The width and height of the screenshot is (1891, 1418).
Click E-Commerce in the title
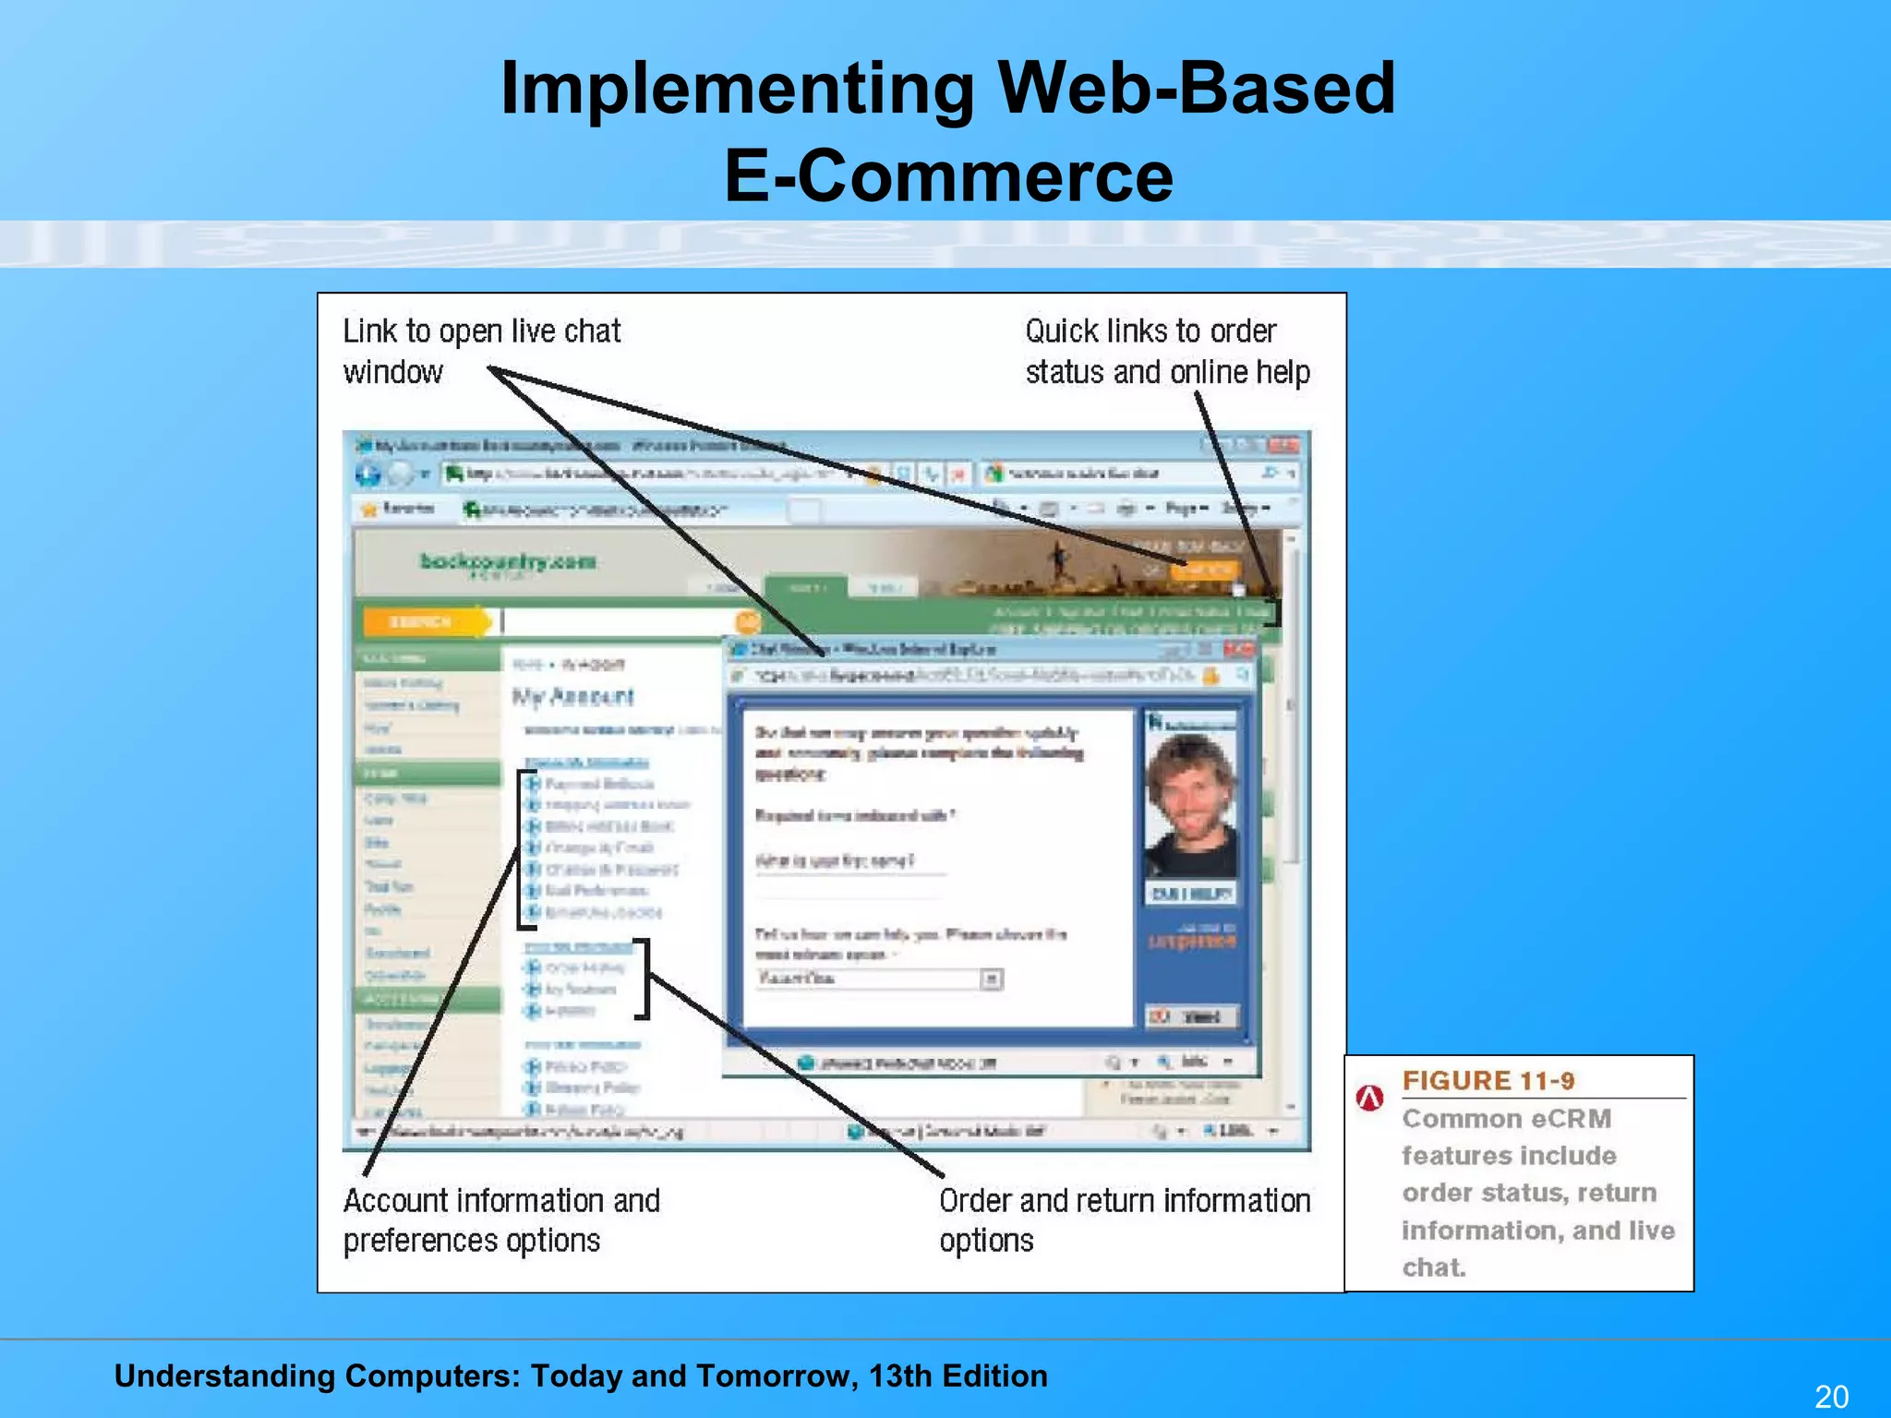[948, 176]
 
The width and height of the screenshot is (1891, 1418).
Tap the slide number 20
[1831, 1396]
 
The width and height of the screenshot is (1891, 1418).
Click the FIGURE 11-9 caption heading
[1488, 1080]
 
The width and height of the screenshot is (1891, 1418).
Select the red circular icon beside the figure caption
[1369, 1098]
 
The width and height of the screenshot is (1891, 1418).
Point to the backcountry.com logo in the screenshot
[508, 561]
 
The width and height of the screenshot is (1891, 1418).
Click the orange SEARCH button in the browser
[423, 622]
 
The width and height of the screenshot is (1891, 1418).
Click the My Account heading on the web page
[573, 697]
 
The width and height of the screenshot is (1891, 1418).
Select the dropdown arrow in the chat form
[991, 979]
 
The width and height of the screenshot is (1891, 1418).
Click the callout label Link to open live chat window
[480, 351]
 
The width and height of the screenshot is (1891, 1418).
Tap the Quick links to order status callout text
[1166, 351]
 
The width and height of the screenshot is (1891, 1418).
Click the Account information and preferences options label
[500, 1220]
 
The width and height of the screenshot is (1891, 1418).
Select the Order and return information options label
[1124, 1220]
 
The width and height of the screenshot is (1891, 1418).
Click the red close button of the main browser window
[1283, 446]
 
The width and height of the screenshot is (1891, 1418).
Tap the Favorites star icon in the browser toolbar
[369, 509]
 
